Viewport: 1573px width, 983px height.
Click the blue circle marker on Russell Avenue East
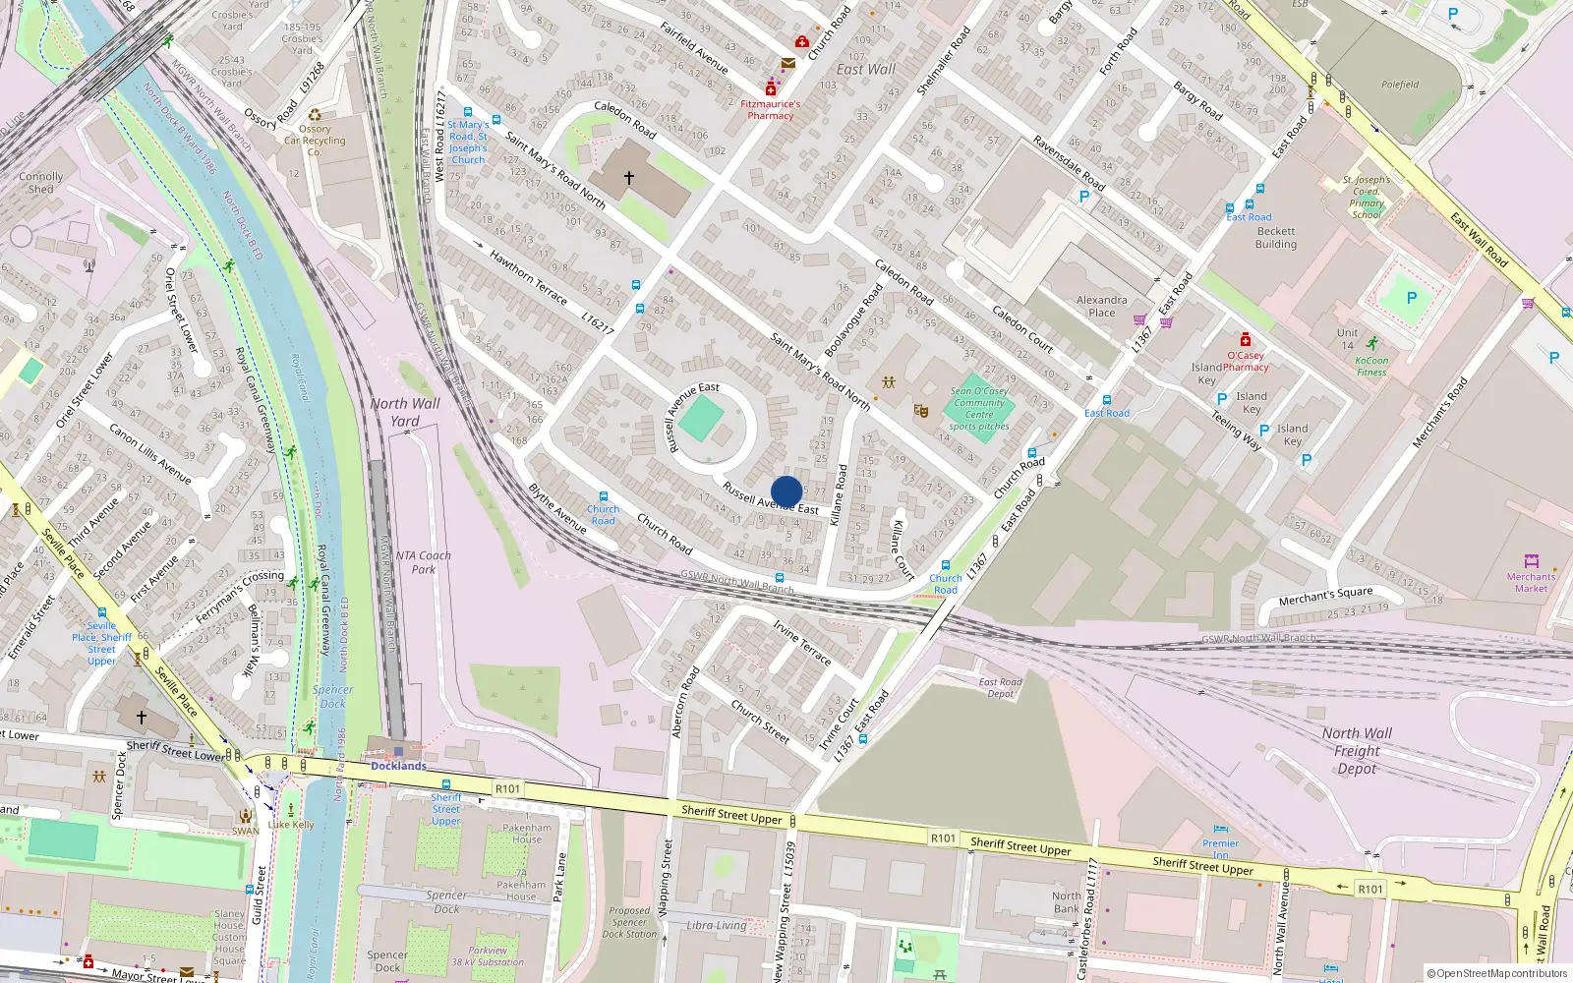(786, 491)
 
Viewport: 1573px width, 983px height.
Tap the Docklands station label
(398, 766)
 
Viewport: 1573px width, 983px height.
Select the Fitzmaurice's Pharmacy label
(770, 109)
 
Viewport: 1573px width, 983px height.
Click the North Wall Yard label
(405, 412)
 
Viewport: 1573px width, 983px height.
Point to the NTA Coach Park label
(423, 562)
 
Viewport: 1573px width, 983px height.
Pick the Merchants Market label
(1531, 582)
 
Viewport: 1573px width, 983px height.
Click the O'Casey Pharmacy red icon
(1245, 340)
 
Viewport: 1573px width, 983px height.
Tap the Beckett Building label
(1276, 238)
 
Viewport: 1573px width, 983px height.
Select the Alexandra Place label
(1101, 306)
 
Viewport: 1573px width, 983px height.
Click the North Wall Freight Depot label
(1357, 750)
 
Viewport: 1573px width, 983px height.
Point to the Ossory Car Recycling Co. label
(315, 141)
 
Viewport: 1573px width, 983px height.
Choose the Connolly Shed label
(41, 183)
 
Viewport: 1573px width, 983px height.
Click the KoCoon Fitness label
(1371, 366)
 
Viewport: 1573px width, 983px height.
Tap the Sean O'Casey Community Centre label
(979, 408)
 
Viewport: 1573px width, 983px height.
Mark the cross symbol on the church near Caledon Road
(629, 178)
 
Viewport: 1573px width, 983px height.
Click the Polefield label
(1399, 85)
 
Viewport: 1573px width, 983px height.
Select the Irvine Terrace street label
(802, 643)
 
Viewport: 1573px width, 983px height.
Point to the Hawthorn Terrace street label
(528, 277)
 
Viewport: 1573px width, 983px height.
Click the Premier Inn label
(1220, 848)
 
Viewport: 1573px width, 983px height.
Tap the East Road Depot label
(1000, 687)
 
